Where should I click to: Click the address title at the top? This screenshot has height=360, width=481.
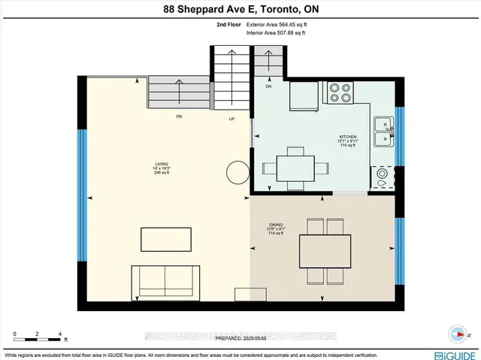point(240,9)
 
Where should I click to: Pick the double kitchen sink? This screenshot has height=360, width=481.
point(383,129)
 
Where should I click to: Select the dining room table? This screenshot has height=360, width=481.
point(325,250)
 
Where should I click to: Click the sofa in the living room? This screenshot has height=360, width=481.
point(165,283)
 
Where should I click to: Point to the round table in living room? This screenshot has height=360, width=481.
point(238,172)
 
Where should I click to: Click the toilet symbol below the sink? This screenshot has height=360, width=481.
point(383,177)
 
